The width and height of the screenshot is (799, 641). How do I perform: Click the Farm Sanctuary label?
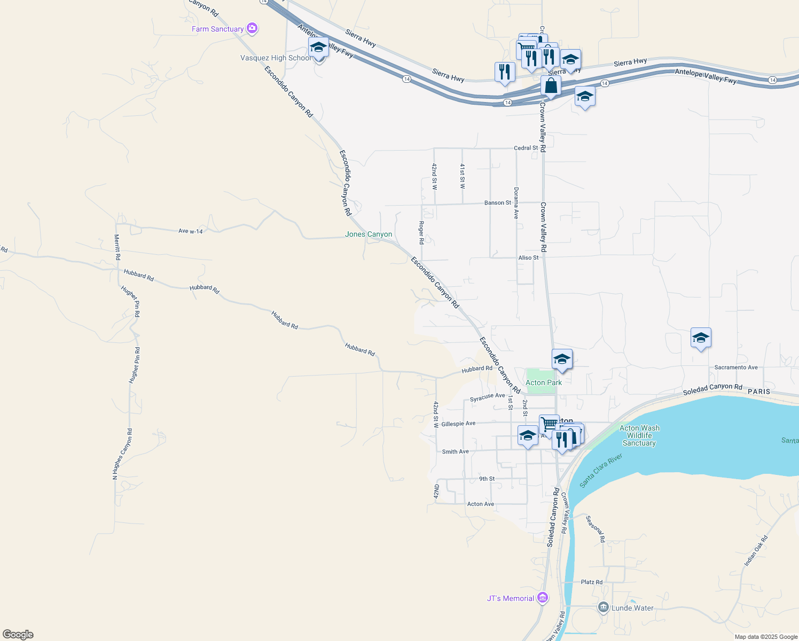[217, 29]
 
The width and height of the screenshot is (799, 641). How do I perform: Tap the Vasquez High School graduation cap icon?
[318, 47]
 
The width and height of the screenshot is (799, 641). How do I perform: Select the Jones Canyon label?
[369, 234]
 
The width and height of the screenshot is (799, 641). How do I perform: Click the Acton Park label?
[544, 382]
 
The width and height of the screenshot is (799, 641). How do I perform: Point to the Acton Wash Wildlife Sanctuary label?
[639, 435]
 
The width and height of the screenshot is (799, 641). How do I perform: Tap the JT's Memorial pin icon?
[543, 598]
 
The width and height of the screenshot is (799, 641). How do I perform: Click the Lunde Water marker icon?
[604, 607]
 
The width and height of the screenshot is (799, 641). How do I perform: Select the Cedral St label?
[526, 148]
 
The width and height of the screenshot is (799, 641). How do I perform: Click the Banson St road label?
[498, 203]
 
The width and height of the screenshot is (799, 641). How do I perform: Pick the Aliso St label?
[528, 257]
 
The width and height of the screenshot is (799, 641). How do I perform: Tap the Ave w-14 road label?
[191, 231]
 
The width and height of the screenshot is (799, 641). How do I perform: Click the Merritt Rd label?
[117, 247]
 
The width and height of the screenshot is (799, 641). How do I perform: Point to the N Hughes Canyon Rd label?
[122, 454]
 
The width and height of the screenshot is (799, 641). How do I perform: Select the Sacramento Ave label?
[736, 368]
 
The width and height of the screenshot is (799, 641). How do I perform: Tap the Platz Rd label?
[592, 582]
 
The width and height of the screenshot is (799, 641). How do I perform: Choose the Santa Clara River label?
[601, 471]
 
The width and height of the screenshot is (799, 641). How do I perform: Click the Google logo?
[18, 635]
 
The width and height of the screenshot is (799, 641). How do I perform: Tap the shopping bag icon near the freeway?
[551, 85]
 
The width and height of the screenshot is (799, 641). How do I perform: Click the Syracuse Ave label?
[487, 397]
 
